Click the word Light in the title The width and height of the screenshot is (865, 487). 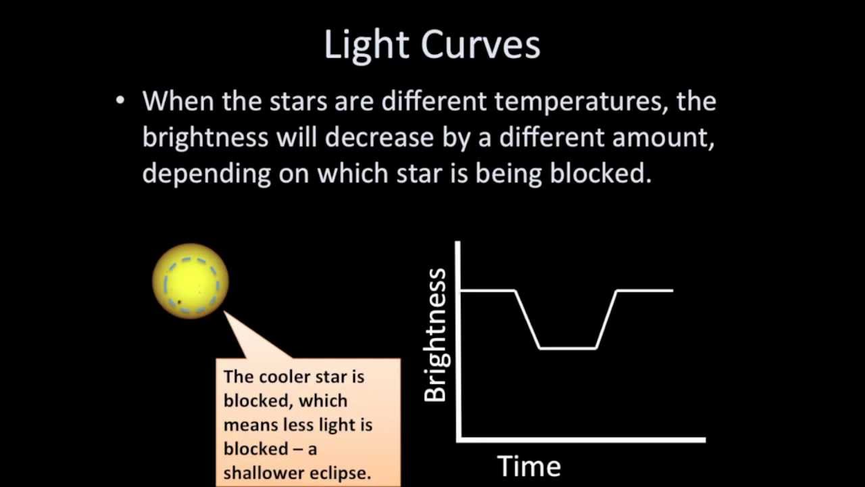365,45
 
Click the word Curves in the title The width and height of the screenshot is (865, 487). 480,45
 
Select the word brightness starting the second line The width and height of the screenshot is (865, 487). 205,138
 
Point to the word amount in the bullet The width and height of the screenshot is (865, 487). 663,138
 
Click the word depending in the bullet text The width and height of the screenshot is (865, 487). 207,174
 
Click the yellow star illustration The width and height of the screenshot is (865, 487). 191,281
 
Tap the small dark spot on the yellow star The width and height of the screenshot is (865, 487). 180,302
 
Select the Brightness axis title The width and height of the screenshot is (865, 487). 436,335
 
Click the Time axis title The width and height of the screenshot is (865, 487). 529,466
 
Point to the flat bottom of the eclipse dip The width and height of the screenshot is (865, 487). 568,348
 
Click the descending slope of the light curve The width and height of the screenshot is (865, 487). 528,319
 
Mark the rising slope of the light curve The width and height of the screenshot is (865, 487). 606,319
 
